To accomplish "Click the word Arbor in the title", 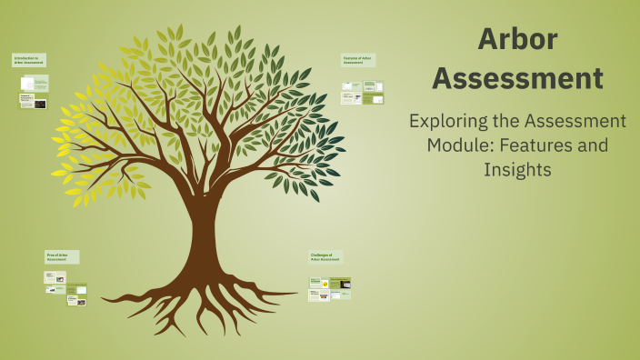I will tap(517, 39).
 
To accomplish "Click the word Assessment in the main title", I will tap(517, 79).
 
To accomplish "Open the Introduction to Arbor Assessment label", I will tap(28, 60).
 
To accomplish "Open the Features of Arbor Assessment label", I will tap(358, 60).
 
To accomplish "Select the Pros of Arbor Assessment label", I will tap(62, 257).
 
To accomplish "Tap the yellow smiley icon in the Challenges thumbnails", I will tap(325, 285).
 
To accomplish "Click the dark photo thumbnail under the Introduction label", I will tap(40, 104).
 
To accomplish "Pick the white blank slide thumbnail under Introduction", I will tap(26, 84).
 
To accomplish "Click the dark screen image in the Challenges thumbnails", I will tap(345, 285).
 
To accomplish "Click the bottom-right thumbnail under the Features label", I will tap(373, 99).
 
